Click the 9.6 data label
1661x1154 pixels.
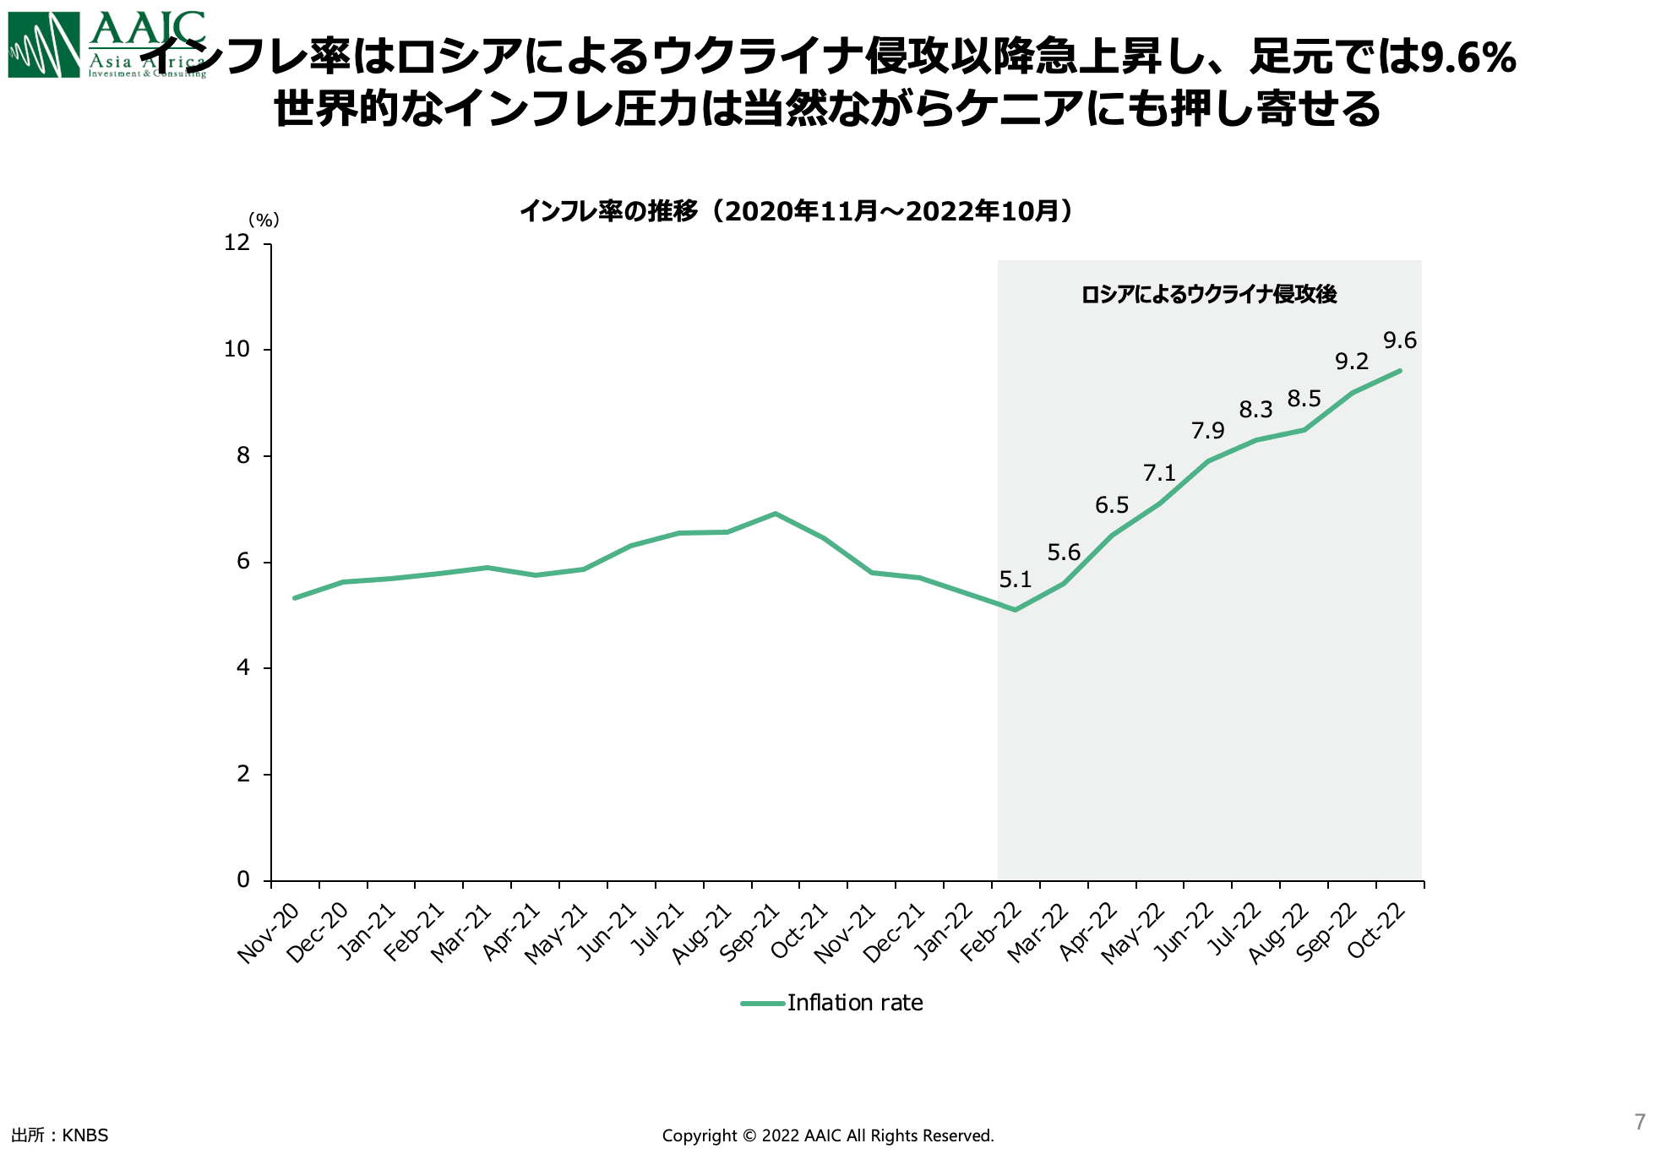(1399, 340)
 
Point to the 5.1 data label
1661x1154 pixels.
(1015, 580)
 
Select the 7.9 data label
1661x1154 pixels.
(1207, 431)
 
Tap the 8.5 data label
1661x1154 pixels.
(1304, 399)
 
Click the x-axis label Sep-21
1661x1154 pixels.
(749, 933)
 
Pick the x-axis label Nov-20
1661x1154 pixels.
(269, 933)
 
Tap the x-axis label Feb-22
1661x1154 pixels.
(991, 933)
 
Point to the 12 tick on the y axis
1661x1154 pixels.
(237, 243)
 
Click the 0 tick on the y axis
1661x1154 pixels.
(243, 880)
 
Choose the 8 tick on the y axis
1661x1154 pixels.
(243, 456)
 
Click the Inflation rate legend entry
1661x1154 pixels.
(854, 1003)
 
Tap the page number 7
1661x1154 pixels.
(1640, 1122)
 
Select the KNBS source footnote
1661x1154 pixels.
(60, 1135)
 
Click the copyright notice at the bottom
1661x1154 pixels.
(828, 1136)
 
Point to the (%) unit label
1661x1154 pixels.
(264, 220)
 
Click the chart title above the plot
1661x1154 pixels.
(796, 210)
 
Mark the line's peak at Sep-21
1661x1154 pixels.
(775, 514)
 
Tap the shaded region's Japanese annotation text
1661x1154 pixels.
(1208, 294)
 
